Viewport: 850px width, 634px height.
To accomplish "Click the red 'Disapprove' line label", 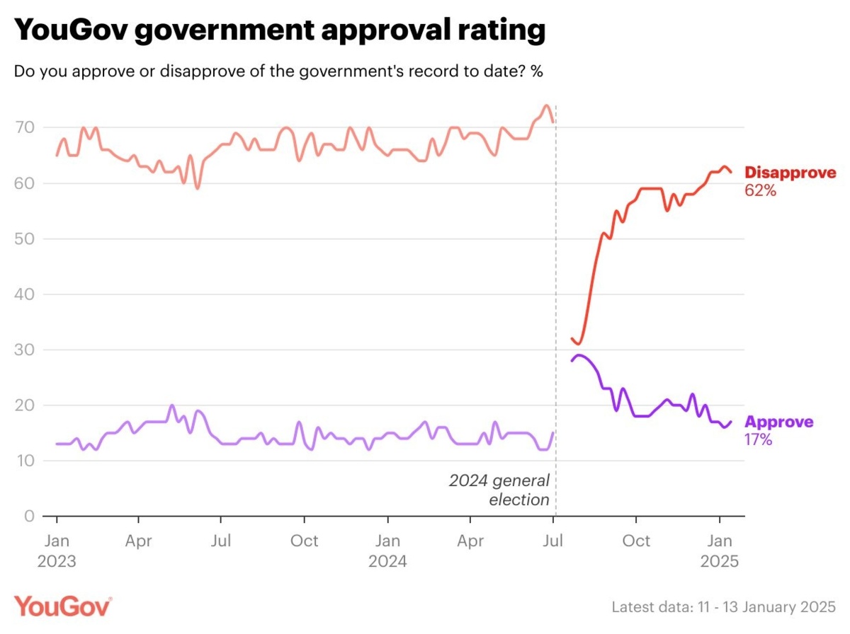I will [790, 173].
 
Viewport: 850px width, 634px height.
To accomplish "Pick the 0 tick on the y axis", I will [28, 516].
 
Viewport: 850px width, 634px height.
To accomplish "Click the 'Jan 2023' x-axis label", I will [56, 551].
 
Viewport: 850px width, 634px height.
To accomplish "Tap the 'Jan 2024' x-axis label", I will [387, 551].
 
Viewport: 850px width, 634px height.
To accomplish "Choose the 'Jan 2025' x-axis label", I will [720, 551].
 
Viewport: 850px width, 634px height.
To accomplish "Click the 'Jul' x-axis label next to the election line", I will [554, 541].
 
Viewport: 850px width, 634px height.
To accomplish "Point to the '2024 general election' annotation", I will [499, 490].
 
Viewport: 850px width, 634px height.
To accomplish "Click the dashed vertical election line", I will [555, 283].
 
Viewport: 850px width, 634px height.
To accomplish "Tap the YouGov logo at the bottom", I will [63, 606].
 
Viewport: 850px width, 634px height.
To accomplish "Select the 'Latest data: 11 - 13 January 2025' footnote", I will [723, 607].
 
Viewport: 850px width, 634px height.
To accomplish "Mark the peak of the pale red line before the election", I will [545, 106].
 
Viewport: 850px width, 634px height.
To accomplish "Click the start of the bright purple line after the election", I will [572, 361].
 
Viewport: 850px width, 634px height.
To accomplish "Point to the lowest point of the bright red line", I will [579, 344].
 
